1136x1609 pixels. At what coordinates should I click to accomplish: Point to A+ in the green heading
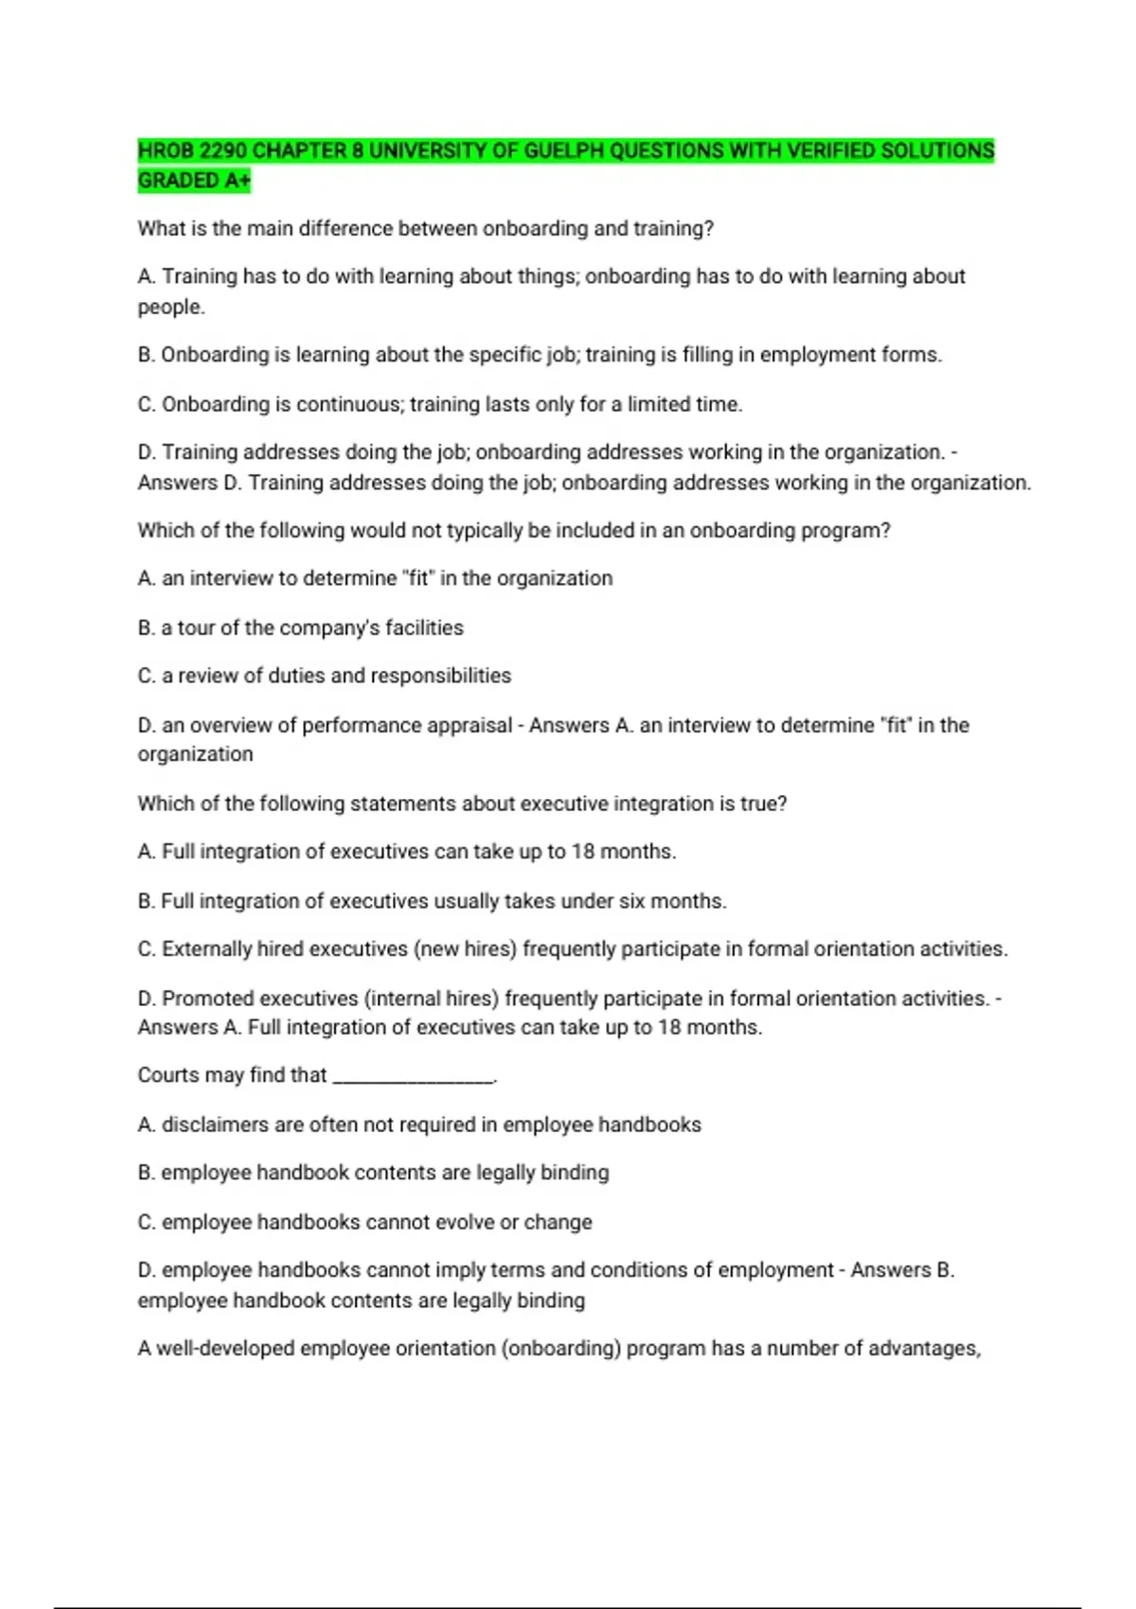tap(238, 181)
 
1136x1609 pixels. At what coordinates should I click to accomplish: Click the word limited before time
tap(659, 404)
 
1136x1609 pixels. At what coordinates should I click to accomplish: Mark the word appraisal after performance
tap(471, 725)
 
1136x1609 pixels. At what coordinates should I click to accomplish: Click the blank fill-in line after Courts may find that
tap(414, 1076)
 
